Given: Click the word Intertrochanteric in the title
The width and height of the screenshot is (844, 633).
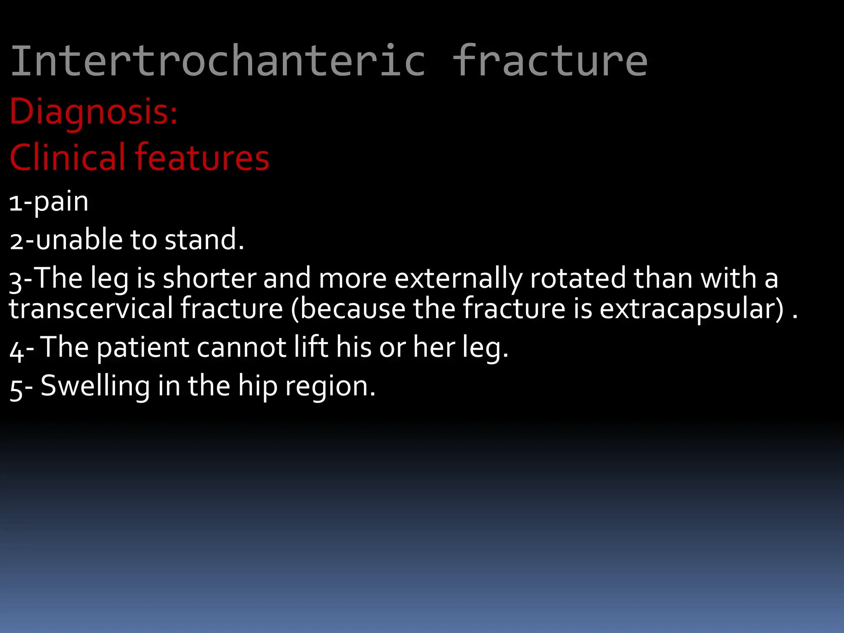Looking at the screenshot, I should pyautogui.click(x=218, y=61).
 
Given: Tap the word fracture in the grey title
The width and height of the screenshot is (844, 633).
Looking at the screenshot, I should pyautogui.click(x=550, y=61).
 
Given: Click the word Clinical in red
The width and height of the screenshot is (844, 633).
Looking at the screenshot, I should pyautogui.click(x=67, y=157).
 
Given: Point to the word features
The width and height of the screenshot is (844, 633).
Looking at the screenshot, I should pyautogui.click(x=202, y=157).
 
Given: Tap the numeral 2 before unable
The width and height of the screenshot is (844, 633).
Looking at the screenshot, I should pyautogui.click(x=16, y=241).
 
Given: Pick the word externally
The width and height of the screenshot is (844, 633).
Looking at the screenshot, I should pyautogui.click(x=458, y=279).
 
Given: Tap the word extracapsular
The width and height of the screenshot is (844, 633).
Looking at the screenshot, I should pyautogui.click(x=691, y=309).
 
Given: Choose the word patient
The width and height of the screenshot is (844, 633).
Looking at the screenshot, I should pyautogui.click(x=143, y=348).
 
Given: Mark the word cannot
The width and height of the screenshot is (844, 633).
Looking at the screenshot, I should pyautogui.click(x=241, y=347).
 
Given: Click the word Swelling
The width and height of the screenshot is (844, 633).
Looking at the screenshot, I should pyautogui.click(x=95, y=387).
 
